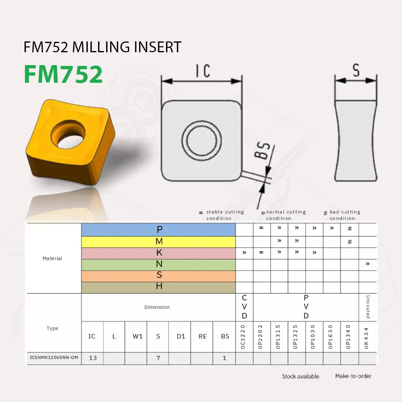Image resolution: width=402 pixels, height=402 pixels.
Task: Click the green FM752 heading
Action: click(63, 74)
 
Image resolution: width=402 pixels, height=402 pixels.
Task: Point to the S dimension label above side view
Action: click(356, 70)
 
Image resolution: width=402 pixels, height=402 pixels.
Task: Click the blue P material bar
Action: click(158, 230)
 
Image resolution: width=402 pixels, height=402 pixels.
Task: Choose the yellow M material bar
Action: click(158, 242)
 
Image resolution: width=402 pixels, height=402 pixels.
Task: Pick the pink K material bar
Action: click(158, 253)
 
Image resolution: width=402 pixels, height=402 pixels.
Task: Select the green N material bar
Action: click(158, 264)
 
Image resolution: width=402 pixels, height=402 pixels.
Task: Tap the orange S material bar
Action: click(158, 275)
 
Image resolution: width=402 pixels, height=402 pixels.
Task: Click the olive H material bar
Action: click(158, 287)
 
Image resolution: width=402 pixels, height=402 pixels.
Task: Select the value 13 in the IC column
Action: click(93, 358)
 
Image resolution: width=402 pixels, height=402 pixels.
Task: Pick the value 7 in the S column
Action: click(158, 358)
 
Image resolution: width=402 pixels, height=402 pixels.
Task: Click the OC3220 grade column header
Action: click(244, 336)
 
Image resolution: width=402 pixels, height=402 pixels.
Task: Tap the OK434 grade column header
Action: click(367, 336)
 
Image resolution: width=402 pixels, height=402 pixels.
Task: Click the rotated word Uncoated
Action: click(367, 307)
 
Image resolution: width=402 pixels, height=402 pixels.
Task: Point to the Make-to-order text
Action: click(353, 376)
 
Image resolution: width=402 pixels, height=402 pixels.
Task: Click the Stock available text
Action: click(300, 377)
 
